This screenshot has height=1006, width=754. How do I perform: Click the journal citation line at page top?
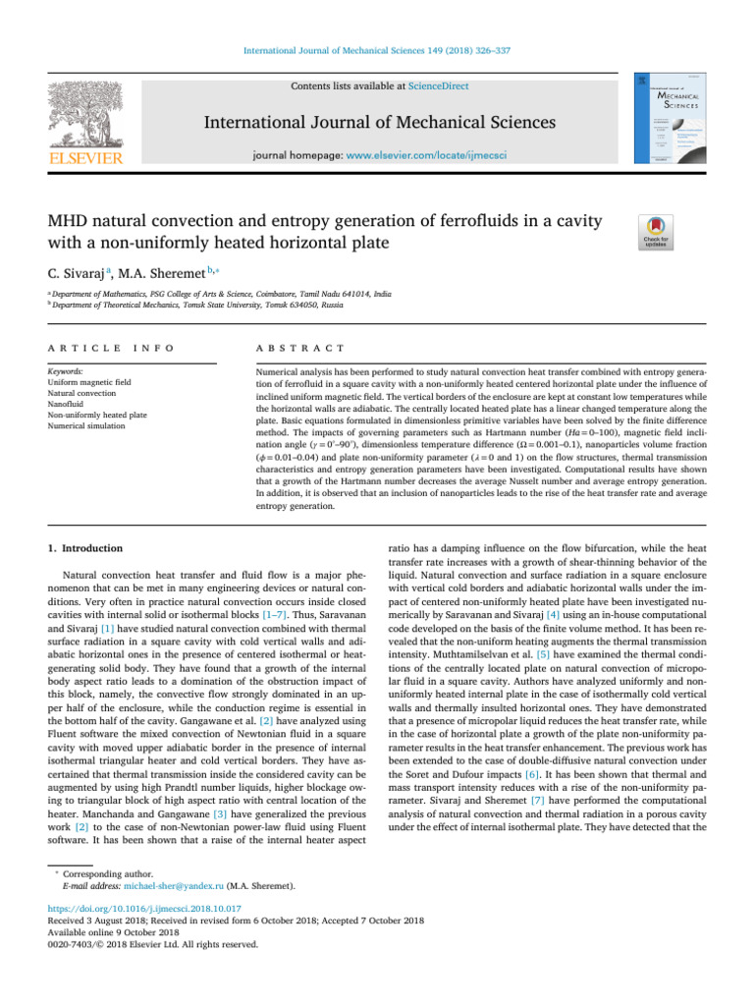376,49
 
